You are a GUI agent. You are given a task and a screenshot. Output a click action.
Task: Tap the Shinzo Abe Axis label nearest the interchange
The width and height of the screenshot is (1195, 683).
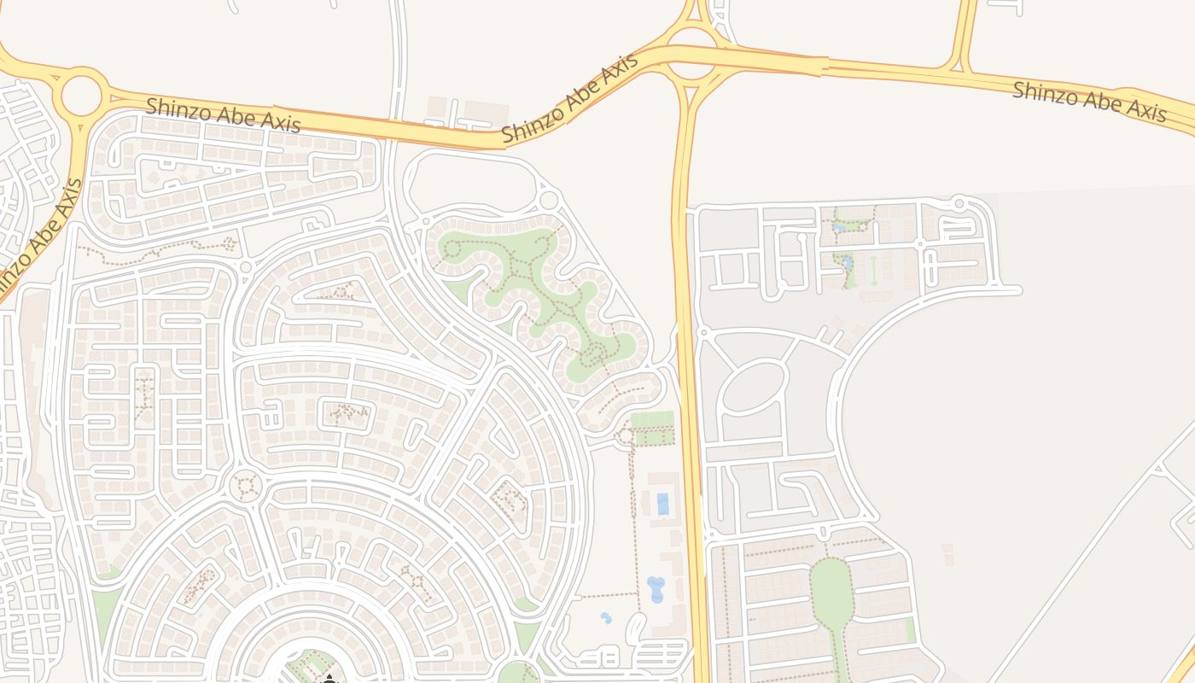pyautogui.click(x=568, y=99)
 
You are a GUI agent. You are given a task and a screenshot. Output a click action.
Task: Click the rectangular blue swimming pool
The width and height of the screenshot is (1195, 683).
pyautogui.click(x=662, y=504)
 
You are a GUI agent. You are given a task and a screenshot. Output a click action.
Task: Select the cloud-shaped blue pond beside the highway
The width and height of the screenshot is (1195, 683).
pyautogui.click(x=656, y=588)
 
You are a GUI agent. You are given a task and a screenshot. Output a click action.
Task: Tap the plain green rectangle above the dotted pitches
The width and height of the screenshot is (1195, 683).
pyautogui.click(x=652, y=419)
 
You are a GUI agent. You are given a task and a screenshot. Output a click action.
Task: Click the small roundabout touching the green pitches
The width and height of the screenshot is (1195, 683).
pyautogui.click(x=626, y=436)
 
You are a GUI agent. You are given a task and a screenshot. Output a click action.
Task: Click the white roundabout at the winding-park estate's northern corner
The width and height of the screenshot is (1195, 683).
pyautogui.click(x=549, y=201)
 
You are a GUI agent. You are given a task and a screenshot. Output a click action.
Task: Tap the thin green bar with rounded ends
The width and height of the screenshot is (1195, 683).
pyautogui.click(x=873, y=271)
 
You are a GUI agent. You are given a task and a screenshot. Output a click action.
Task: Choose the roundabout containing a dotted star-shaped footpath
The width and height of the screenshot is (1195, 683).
pyautogui.click(x=247, y=486)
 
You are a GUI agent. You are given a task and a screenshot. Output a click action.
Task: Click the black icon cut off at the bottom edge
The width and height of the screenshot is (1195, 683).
pyautogui.click(x=329, y=680)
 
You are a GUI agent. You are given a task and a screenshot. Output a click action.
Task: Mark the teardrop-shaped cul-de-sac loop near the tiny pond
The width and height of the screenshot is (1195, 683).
pyautogui.click(x=635, y=628)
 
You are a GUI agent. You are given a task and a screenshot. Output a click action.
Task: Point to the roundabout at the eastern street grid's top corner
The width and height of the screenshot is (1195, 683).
pyautogui.click(x=959, y=203)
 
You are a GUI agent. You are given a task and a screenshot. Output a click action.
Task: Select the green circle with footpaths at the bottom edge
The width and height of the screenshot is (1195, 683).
pyautogui.click(x=517, y=674)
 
